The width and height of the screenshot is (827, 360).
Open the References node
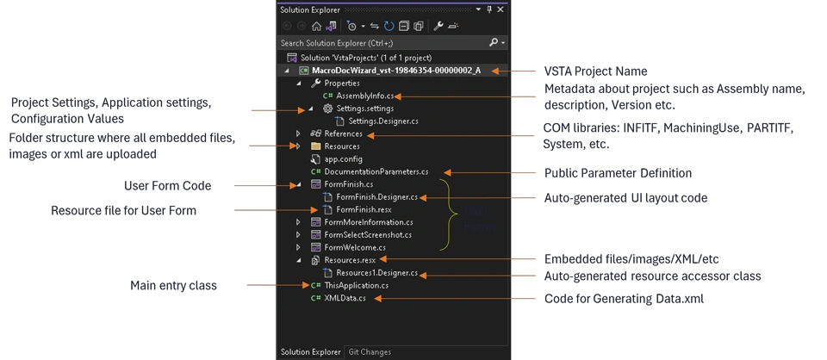pos(344,134)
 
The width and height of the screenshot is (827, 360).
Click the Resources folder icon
pos(315,146)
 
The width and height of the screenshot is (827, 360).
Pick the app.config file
pos(343,159)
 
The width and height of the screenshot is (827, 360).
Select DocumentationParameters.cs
pos(376,172)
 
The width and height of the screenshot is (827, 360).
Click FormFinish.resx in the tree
pos(364,209)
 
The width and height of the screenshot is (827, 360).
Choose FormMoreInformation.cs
pos(370,222)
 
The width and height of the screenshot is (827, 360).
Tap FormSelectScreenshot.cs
pos(368,234)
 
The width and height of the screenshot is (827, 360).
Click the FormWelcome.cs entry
pos(355,247)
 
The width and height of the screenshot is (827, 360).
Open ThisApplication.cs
pos(356,285)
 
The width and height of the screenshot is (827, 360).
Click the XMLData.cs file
pos(345,298)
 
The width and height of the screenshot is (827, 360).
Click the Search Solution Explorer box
pos(379,42)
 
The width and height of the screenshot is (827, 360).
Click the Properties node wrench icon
pos(315,84)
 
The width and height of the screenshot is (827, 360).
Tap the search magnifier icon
pos(494,42)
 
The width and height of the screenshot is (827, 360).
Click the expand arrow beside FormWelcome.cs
pos(298,247)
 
